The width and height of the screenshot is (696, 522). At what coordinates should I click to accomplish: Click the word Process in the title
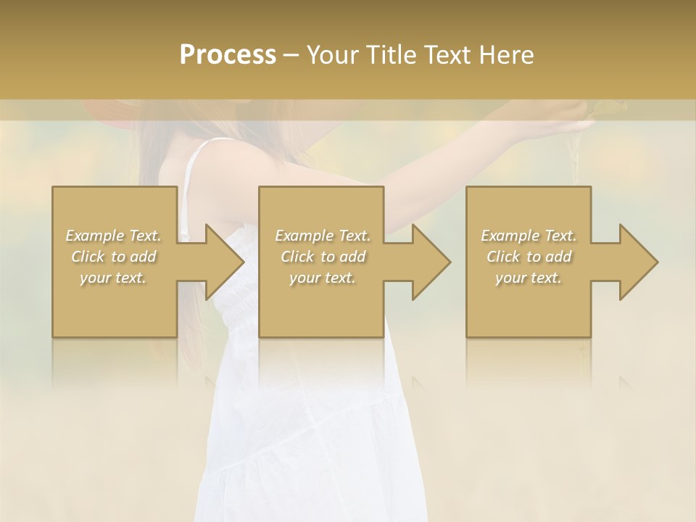coord(228,55)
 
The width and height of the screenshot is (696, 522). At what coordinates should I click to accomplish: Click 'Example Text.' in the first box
coord(114,236)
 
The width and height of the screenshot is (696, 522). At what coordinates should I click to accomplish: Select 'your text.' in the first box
coord(114,278)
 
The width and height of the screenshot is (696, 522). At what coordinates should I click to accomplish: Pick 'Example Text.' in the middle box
coord(323,236)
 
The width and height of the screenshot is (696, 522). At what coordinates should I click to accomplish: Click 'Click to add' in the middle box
coord(323,257)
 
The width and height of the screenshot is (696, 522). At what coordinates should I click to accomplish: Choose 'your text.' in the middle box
coord(323,278)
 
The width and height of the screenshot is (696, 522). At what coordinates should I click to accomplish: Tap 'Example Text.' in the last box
coord(529,236)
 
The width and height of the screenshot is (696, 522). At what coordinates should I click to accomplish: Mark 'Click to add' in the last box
coord(529,257)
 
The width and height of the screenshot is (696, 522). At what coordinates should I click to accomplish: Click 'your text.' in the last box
coord(529,278)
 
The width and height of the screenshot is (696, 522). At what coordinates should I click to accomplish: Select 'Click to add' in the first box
coord(114,257)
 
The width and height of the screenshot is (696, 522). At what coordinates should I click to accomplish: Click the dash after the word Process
coord(291,56)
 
